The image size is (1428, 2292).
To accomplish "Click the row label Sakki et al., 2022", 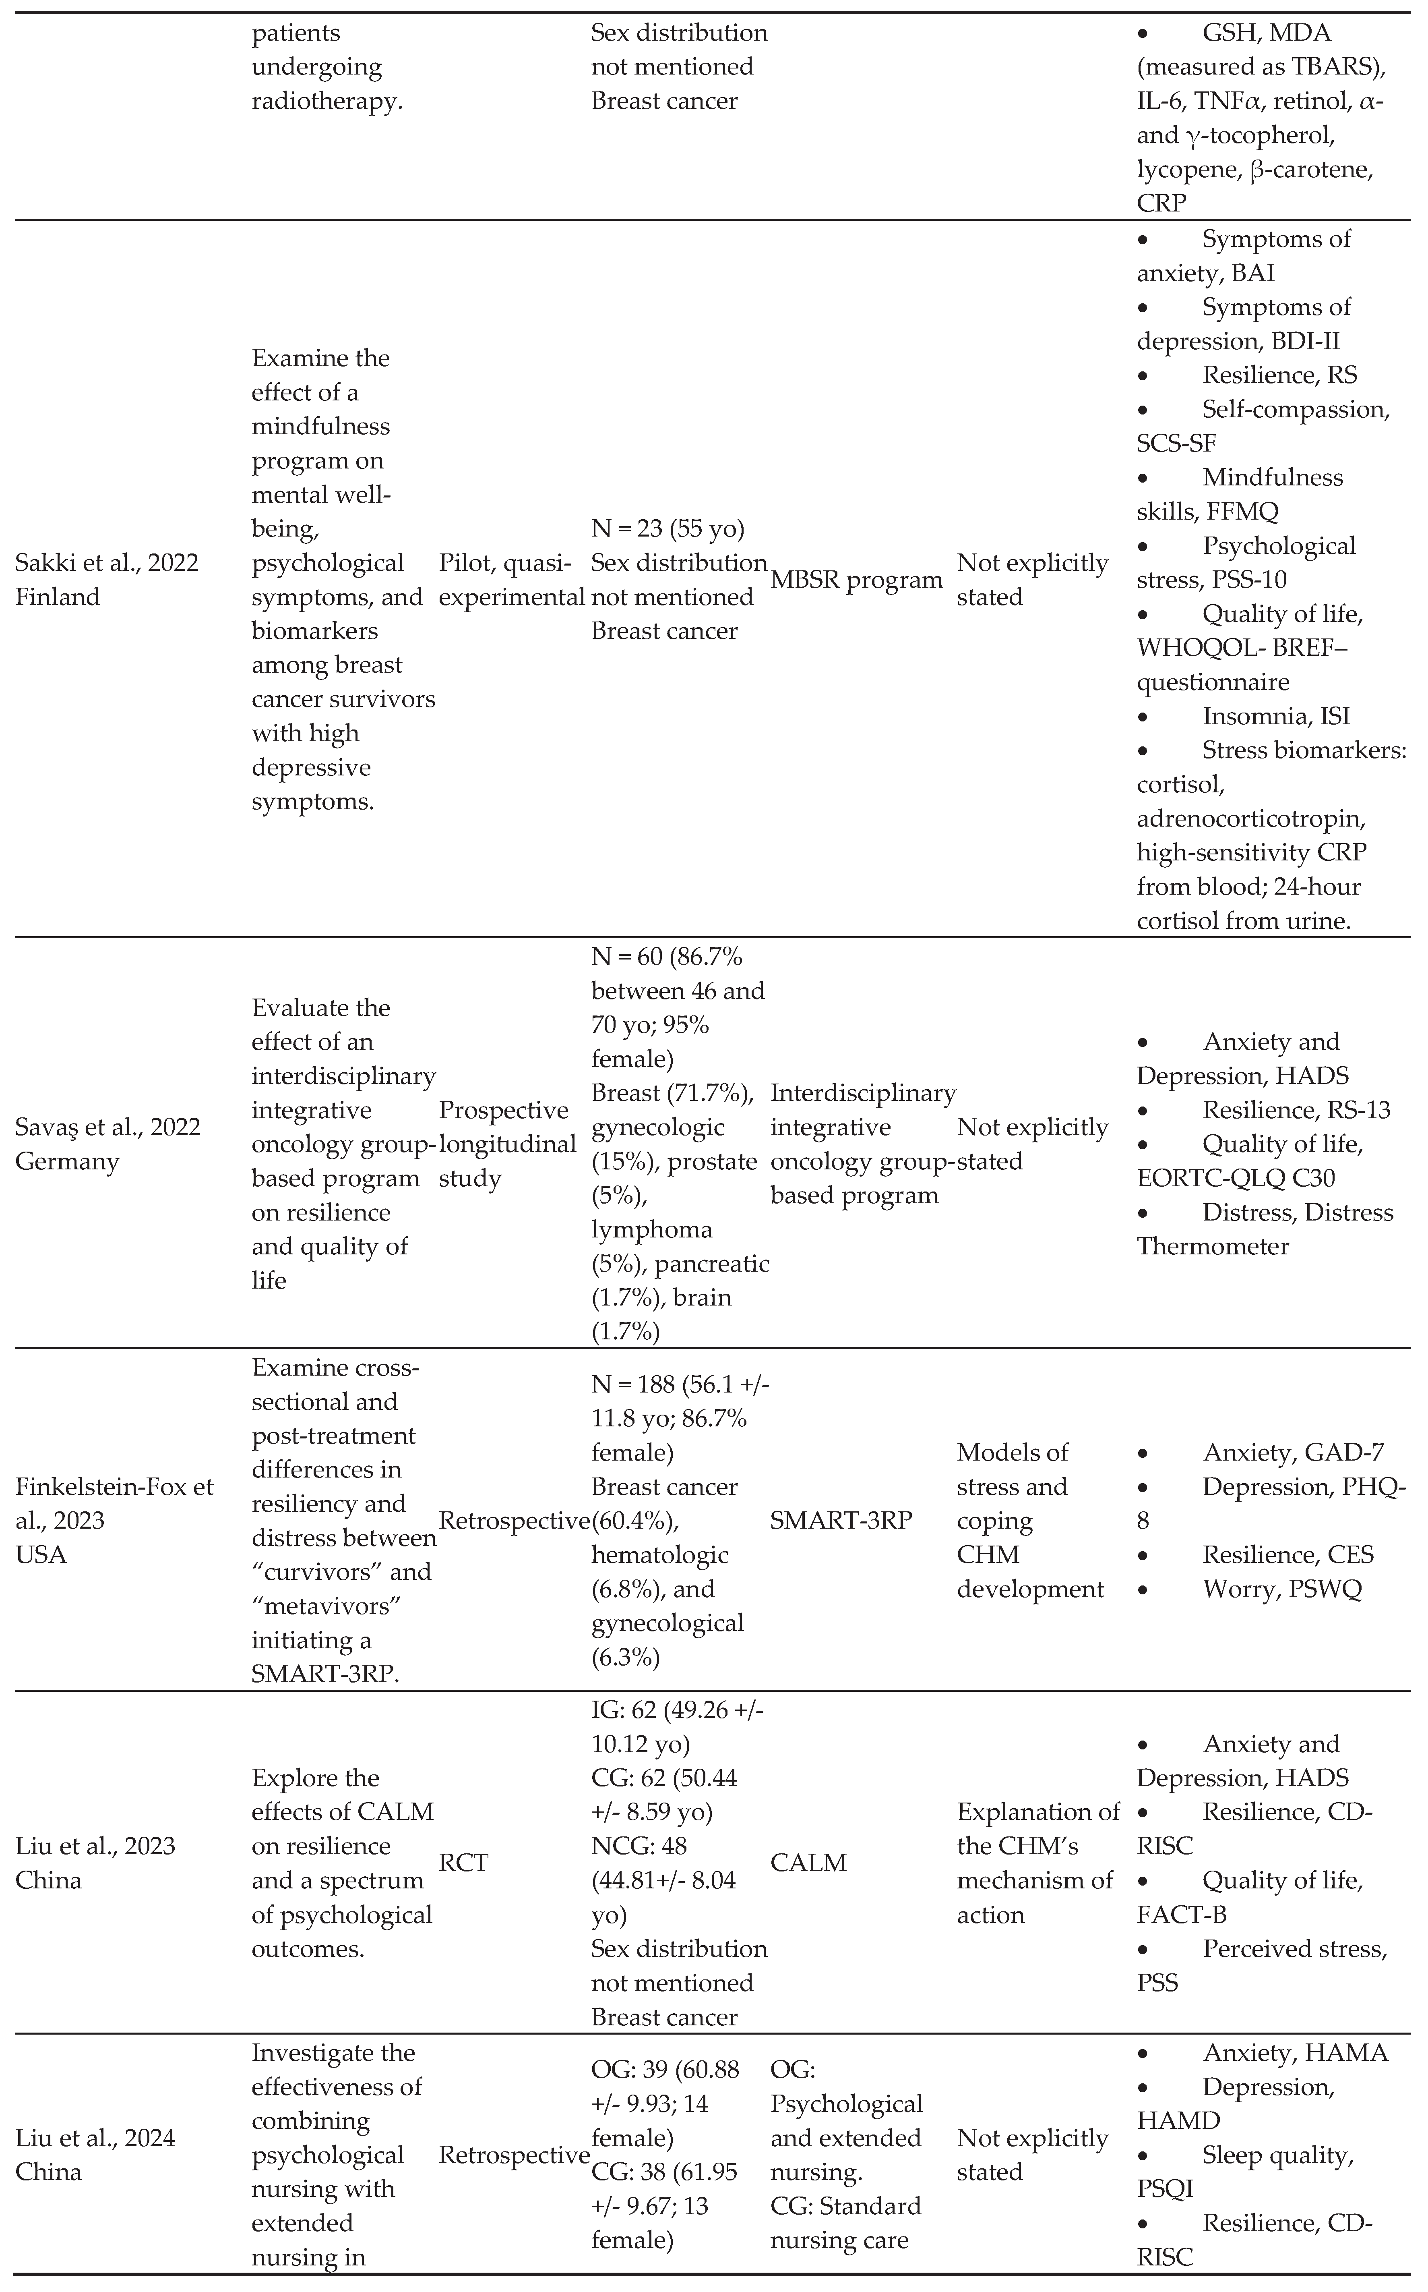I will point(107,563).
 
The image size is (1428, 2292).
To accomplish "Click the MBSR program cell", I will point(857,580).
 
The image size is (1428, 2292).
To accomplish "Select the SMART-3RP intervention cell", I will point(841,1521).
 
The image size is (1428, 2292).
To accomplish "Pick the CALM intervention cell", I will point(808,1863).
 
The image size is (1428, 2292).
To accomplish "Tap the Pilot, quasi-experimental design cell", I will point(511,580).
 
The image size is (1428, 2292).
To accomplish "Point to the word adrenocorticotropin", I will point(1250,819).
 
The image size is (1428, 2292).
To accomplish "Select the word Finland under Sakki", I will point(58,597).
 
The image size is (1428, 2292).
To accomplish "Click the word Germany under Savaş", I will point(67,1161).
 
